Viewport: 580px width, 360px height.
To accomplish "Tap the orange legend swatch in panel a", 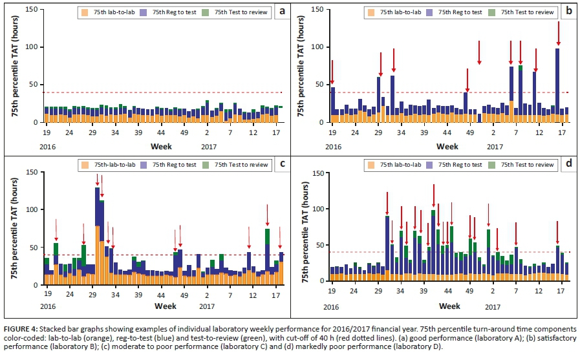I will (83, 12).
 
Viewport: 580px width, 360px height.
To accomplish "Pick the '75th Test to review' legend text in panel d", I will (531, 165).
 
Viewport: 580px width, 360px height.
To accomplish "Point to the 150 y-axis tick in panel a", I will (34, 9).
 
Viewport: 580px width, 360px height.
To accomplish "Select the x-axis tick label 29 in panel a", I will (92, 132).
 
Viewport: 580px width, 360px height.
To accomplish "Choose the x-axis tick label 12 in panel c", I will (252, 295).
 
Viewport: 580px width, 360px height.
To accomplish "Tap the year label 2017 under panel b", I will (495, 147).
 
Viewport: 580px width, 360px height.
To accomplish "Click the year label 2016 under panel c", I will (47, 306).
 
